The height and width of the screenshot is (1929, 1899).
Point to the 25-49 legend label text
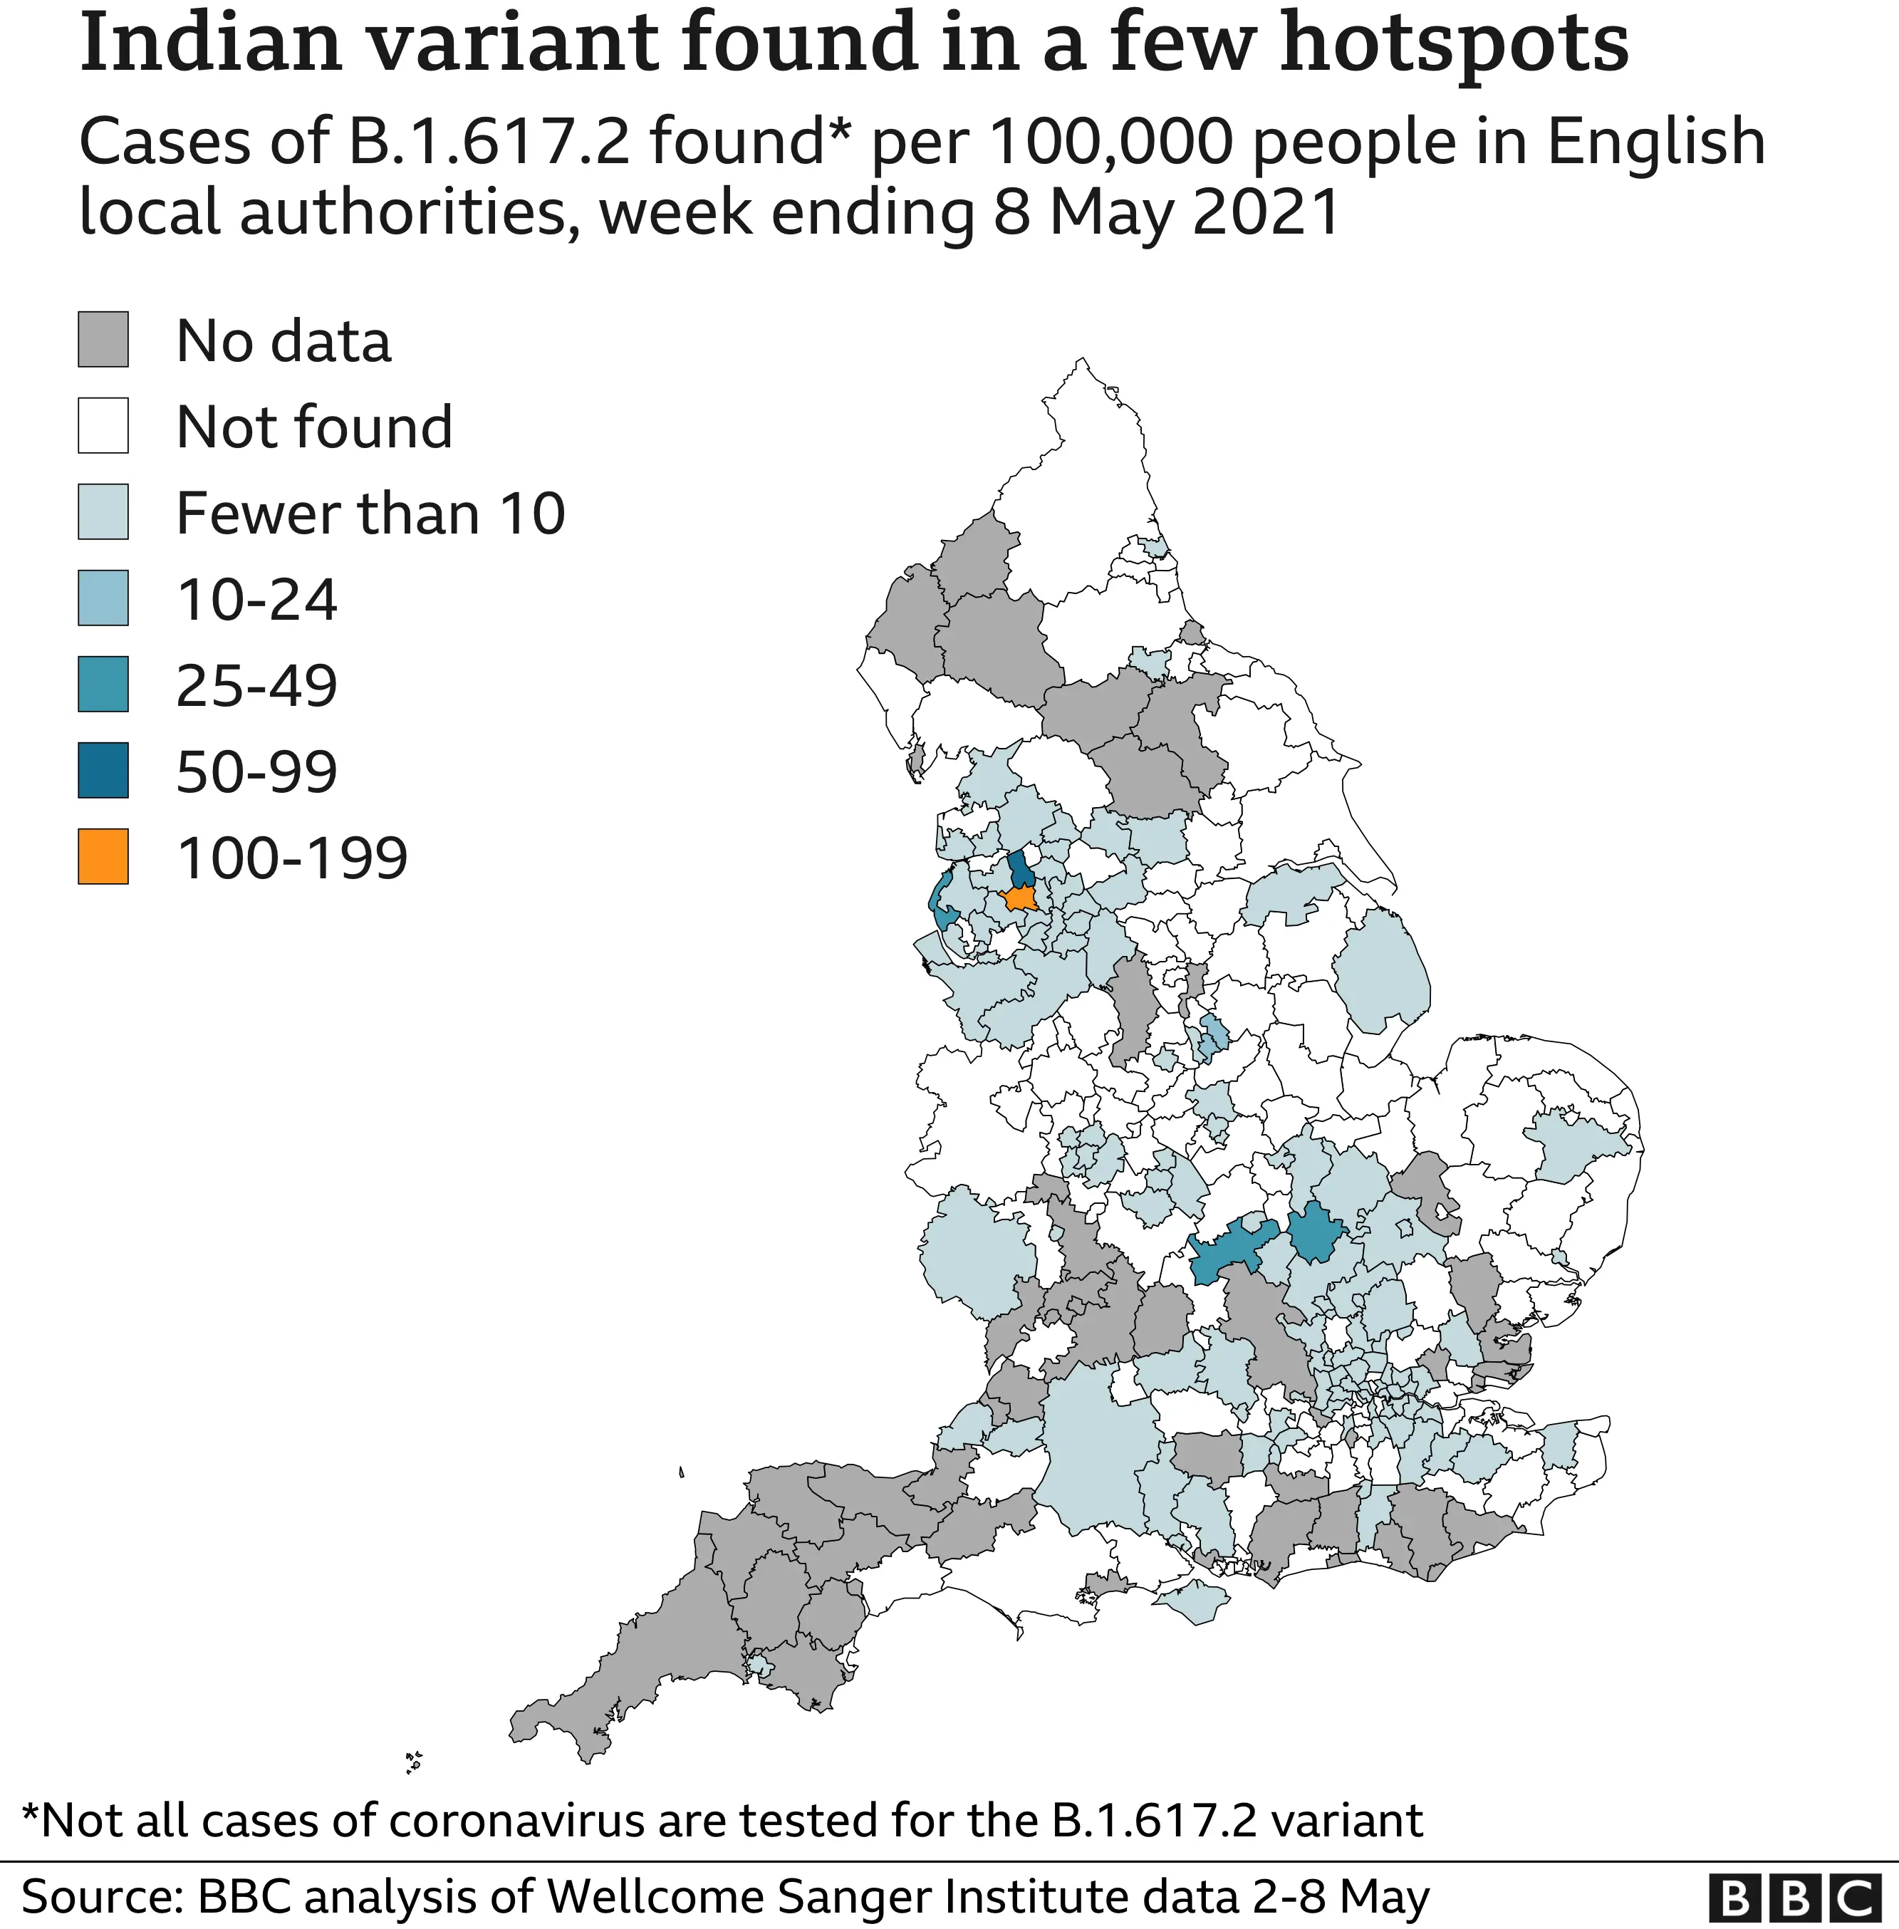point(256,685)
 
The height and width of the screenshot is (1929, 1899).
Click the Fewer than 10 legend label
point(370,513)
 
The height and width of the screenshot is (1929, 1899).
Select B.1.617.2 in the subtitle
point(489,142)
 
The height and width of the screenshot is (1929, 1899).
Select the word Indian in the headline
point(210,45)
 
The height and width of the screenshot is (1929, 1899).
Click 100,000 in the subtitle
point(1111,142)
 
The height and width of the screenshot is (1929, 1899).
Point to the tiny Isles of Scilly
point(414,1762)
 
